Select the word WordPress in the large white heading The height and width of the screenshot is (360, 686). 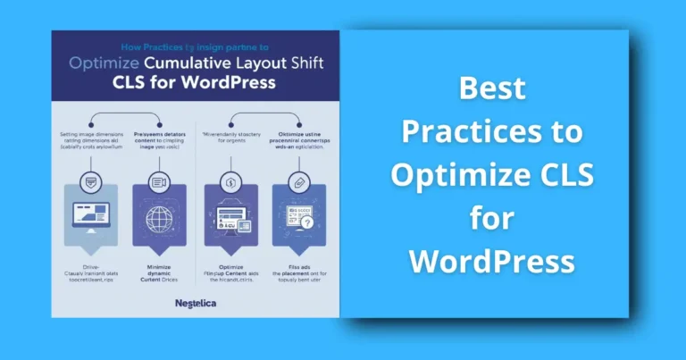pyautogui.click(x=492, y=262)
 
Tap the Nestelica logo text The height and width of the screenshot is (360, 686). pyautogui.click(x=195, y=304)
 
